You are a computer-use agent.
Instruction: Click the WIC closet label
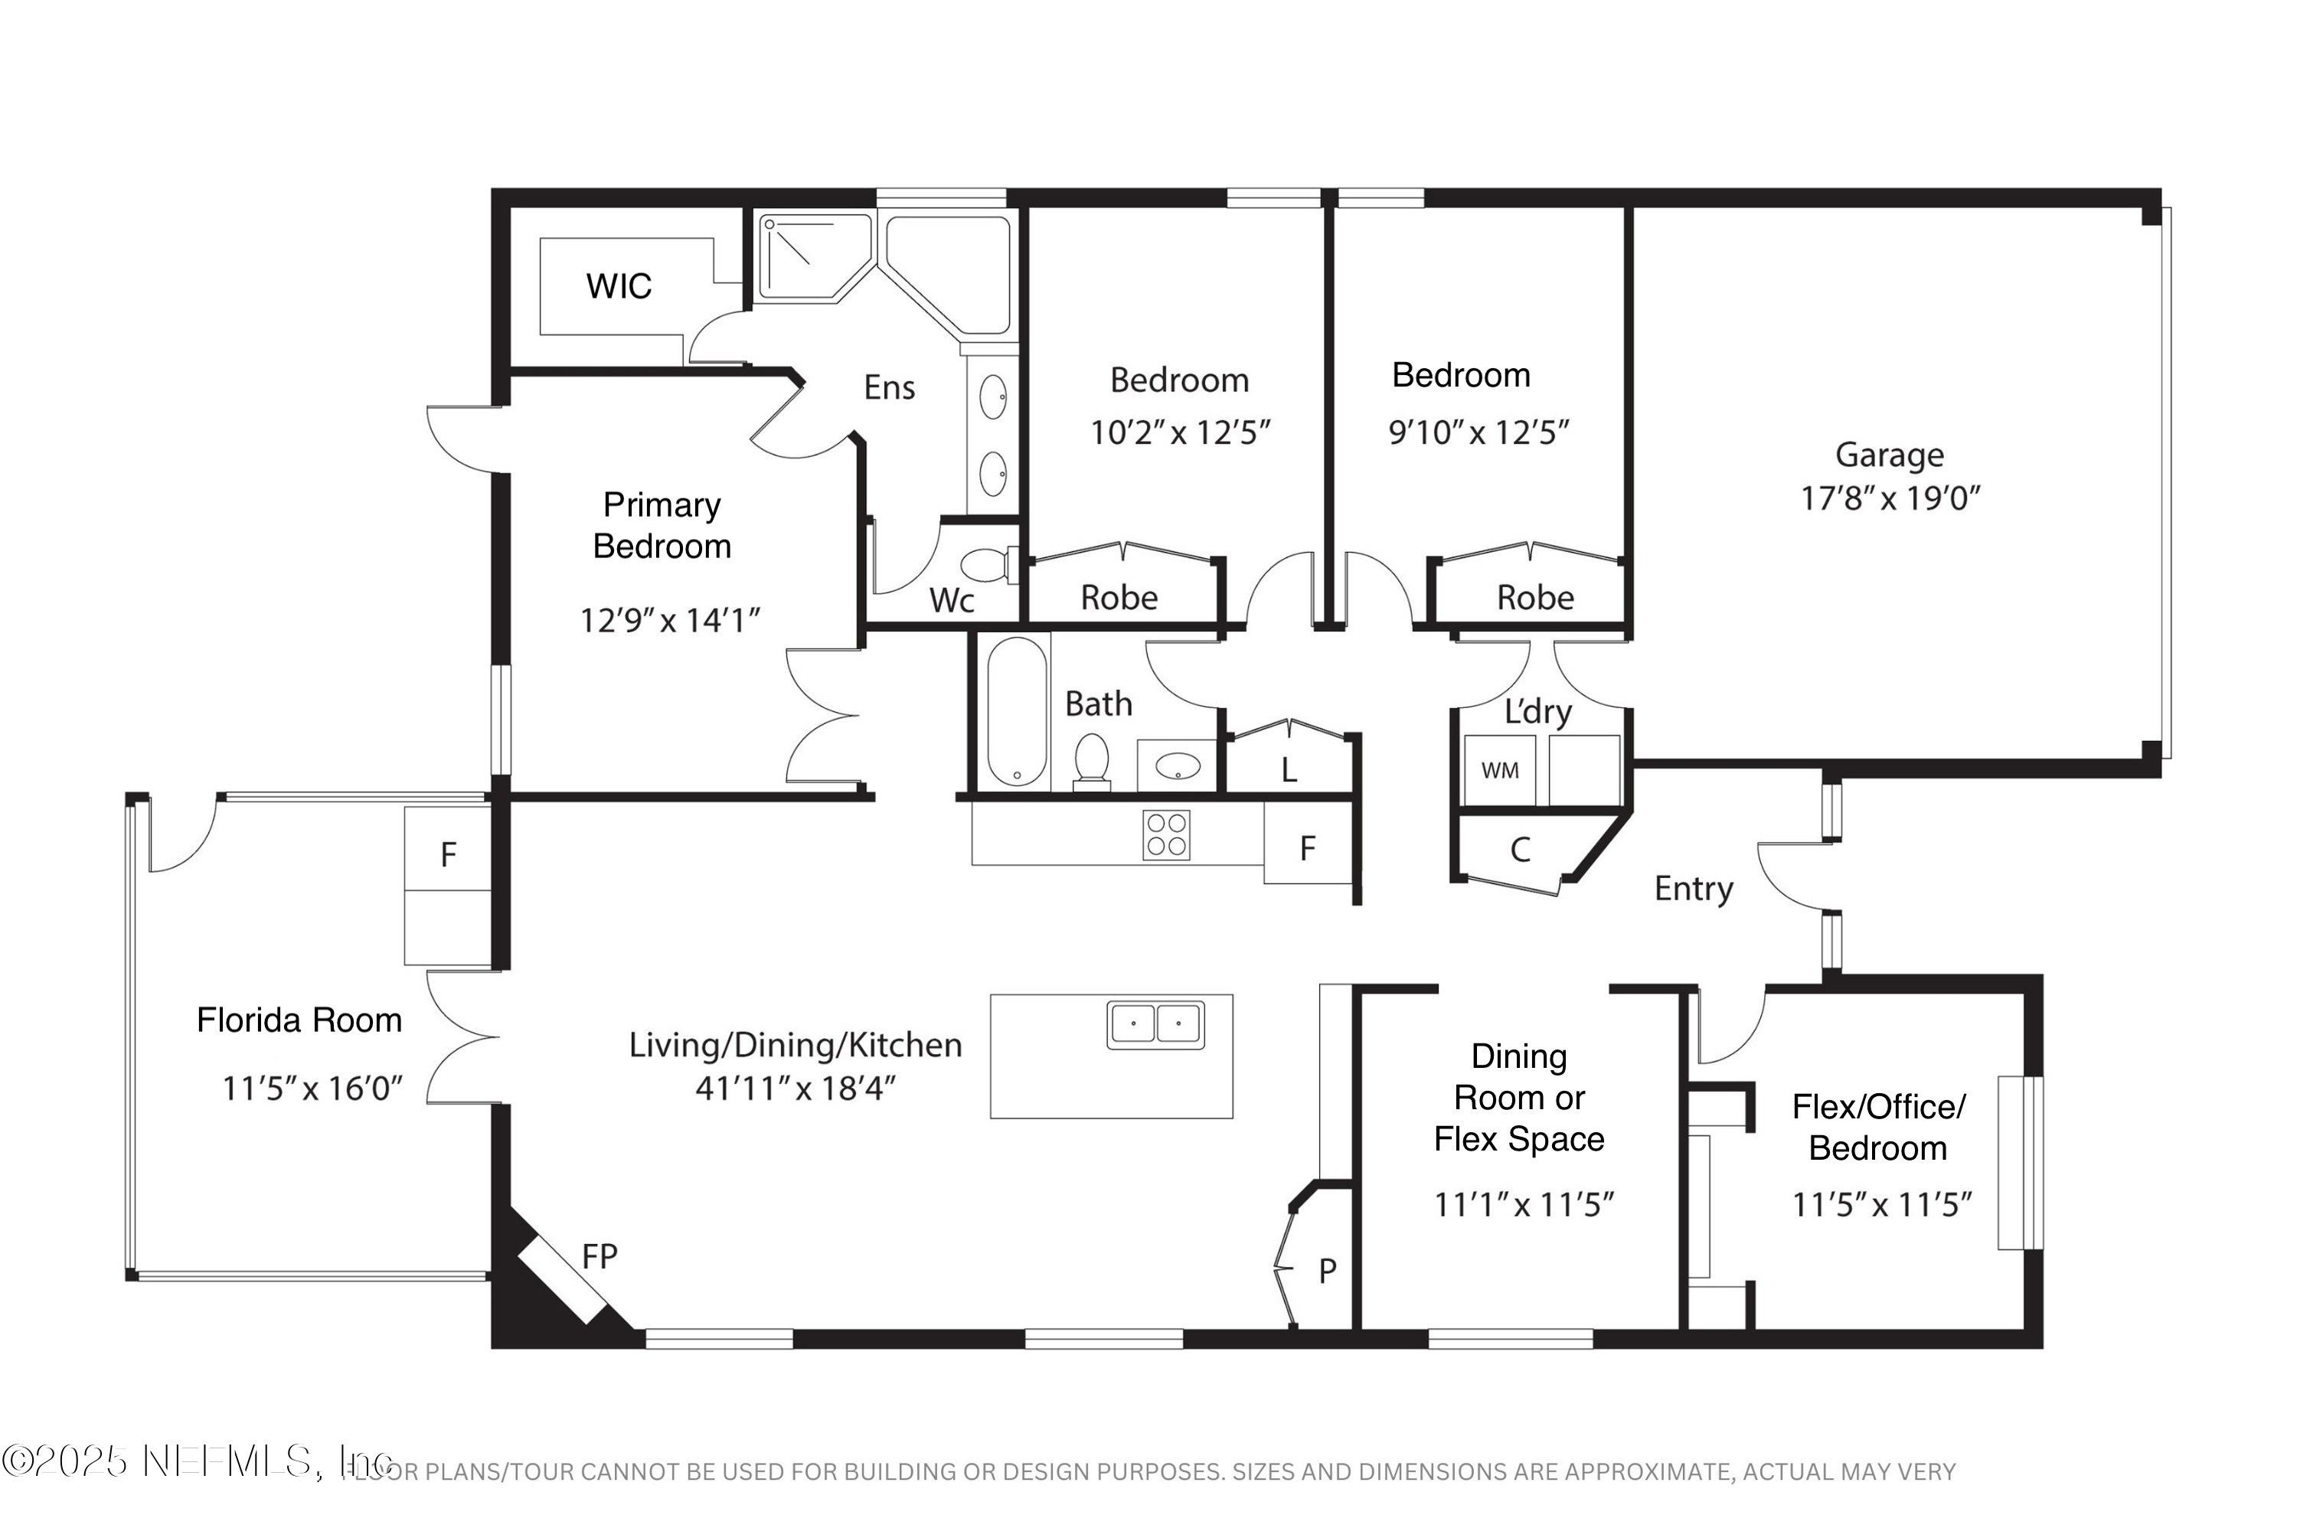(618, 286)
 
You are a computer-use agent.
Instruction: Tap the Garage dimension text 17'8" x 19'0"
(1889, 499)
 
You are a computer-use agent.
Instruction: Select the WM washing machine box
(1499, 770)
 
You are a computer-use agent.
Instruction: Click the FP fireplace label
(599, 1257)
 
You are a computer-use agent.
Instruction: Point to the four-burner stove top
(1166, 835)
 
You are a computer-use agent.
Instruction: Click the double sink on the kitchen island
(1155, 1024)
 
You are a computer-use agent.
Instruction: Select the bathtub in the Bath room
(1017, 711)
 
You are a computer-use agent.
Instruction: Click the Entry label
(1692, 889)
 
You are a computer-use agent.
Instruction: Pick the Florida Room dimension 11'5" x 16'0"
(312, 1088)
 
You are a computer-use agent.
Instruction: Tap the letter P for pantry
(1326, 1270)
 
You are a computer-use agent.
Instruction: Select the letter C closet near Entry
(1520, 850)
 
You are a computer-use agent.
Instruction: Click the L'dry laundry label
(1537, 712)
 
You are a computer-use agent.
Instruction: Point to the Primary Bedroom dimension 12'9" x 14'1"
(669, 620)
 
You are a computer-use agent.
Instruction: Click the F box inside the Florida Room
(448, 855)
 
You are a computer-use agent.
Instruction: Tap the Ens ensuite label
(889, 387)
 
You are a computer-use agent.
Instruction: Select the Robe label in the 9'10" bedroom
(1534, 598)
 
